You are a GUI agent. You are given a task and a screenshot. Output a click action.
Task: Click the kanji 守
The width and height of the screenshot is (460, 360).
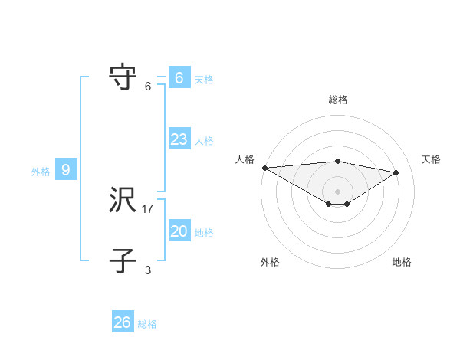[x=123, y=77]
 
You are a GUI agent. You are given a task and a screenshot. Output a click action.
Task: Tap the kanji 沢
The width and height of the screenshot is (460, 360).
[x=123, y=201]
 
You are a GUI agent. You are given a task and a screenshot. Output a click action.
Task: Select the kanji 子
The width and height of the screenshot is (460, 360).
[x=123, y=261]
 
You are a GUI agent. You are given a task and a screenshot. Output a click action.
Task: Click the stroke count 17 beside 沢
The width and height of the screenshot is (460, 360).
[x=148, y=208]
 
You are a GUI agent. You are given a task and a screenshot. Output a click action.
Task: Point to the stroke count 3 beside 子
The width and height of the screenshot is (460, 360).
[x=148, y=270]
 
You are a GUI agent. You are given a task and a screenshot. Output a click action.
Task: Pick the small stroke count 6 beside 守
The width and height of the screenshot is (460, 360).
[x=148, y=86]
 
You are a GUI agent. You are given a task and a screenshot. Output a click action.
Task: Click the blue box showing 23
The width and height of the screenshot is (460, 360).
[x=179, y=139]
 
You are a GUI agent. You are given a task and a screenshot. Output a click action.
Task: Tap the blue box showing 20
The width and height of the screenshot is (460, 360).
[x=179, y=231]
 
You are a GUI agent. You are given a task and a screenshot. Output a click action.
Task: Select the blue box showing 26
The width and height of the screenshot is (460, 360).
[x=123, y=322]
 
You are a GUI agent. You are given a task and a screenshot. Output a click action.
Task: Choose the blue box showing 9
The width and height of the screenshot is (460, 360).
[x=66, y=170]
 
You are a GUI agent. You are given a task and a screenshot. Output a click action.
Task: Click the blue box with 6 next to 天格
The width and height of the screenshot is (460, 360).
[x=179, y=78]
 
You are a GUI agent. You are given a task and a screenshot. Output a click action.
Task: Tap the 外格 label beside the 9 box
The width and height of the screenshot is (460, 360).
[x=41, y=172]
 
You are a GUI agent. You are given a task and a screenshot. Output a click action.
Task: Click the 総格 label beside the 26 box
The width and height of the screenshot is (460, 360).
[x=147, y=324]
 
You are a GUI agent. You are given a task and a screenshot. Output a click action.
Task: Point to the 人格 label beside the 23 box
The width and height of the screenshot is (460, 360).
[x=204, y=141]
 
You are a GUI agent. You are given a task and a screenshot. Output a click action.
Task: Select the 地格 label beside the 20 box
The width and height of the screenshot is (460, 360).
[x=204, y=233]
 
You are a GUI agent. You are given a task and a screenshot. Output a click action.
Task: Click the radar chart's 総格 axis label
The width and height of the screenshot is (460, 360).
[x=337, y=100]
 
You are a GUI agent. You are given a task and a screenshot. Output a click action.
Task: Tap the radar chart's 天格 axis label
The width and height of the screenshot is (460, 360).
[x=431, y=159]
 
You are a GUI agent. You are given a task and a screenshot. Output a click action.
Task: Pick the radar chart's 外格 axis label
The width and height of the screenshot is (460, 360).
[x=270, y=262]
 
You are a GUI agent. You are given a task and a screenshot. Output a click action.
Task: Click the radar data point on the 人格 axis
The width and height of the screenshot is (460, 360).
[x=264, y=168]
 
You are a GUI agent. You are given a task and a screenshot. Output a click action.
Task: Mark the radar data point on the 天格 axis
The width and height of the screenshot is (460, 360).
[x=396, y=172]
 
